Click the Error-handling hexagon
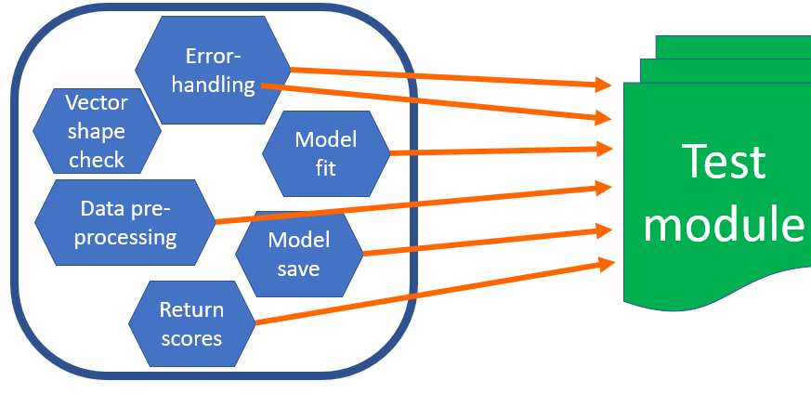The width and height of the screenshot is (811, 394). tap(213, 70)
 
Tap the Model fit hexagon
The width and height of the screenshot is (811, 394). tap(324, 154)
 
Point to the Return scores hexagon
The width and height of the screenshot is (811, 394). tap(191, 323)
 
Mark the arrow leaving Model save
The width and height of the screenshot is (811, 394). tap(483, 240)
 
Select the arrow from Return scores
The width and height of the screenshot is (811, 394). tap(427, 295)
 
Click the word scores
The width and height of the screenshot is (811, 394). tap(191, 337)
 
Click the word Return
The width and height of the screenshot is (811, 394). tap(191, 309)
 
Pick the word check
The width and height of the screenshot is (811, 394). tap(96, 160)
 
